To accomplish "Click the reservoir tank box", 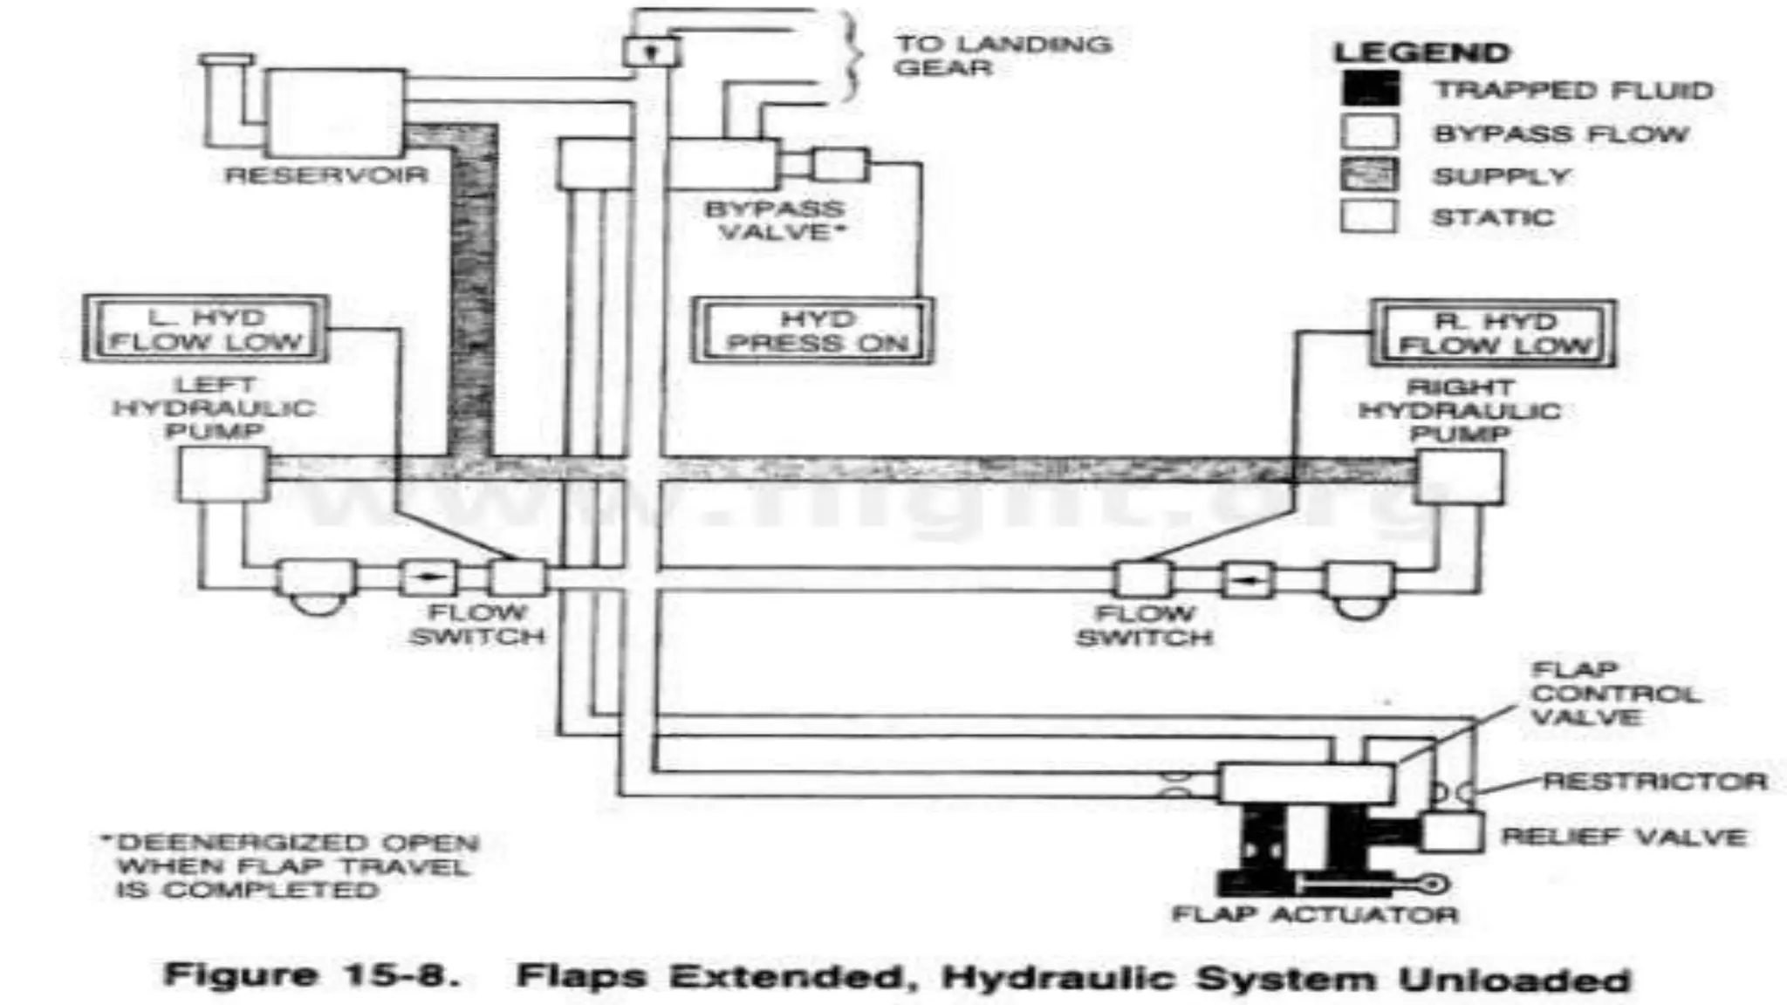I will (335, 113).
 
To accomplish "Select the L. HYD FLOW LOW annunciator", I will (205, 330).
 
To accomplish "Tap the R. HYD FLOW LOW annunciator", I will (1493, 333).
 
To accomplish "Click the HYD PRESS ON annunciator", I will (812, 332).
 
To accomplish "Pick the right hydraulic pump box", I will (1459, 476).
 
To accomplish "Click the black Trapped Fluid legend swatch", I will (1369, 90).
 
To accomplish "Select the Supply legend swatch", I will (1369, 174).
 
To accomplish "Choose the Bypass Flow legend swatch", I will (1369, 133).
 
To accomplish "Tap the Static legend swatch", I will (1369, 215).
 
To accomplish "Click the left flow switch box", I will (517, 578).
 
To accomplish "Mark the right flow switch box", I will (1143, 579).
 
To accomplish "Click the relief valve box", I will (1452, 832).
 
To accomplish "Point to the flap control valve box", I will (1305, 783).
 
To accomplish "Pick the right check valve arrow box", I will (1246, 579).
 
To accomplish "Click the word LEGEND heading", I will (1421, 52).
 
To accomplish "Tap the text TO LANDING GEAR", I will (1003, 56).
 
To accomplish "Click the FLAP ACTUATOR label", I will (1315, 914).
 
